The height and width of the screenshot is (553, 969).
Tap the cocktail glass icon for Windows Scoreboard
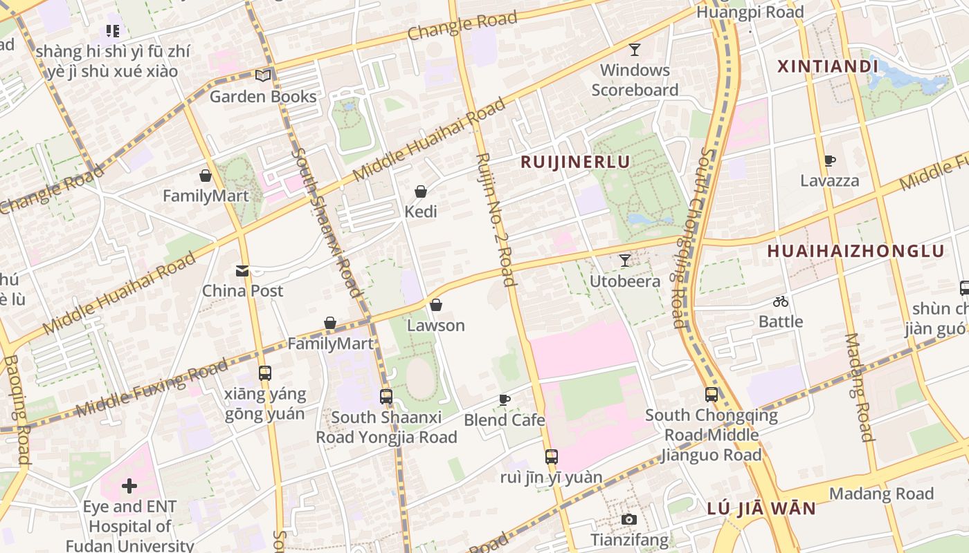click(x=634, y=49)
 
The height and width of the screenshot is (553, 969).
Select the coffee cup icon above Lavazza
click(x=829, y=161)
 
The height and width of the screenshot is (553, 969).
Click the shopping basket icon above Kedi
click(x=420, y=191)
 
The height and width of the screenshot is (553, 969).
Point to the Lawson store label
click(x=435, y=325)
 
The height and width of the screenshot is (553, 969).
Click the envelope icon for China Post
click(x=242, y=271)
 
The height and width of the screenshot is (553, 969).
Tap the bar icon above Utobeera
click(x=625, y=261)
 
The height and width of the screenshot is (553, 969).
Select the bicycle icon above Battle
click(x=781, y=301)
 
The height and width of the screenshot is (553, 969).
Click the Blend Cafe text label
click(x=504, y=420)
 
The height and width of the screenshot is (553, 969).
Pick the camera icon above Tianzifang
click(x=628, y=519)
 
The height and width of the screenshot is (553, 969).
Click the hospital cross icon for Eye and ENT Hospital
click(x=129, y=486)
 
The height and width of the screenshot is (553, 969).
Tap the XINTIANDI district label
click(x=827, y=66)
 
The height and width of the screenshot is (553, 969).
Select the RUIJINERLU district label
click(x=574, y=162)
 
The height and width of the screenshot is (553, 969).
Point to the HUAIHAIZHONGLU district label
click(x=855, y=251)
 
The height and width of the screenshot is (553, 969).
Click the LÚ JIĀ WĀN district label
click(x=761, y=509)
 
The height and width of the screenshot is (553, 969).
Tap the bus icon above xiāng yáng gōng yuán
click(x=264, y=373)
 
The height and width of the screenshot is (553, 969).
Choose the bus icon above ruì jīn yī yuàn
click(x=551, y=456)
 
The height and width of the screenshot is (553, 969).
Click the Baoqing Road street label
click(x=17, y=410)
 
